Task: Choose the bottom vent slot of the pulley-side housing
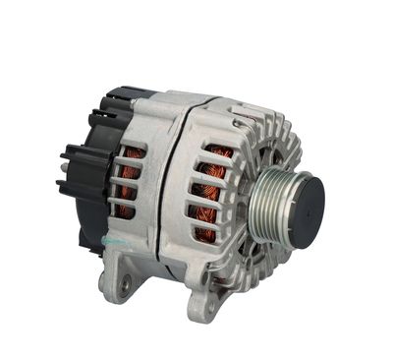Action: [208, 236]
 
